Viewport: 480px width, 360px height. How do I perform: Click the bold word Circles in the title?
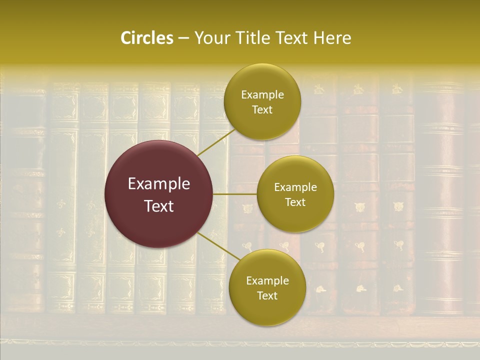click(147, 38)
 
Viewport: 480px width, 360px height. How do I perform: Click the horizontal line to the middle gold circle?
click(235, 194)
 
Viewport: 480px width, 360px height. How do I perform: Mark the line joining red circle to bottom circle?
click(215, 246)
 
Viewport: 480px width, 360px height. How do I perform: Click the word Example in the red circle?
click(159, 184)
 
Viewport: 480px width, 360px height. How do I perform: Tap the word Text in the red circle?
click(159, 205)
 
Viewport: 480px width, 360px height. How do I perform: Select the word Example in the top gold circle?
click(262, 94)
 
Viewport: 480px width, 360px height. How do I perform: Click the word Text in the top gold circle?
click(262, 109)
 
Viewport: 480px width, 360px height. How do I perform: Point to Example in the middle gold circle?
click(295, 187)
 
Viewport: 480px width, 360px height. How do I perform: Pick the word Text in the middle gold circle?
click(295, 202)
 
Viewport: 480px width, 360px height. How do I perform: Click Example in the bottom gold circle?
click(267, 280)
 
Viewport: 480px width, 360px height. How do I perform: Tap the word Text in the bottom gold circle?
click(267, 295)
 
